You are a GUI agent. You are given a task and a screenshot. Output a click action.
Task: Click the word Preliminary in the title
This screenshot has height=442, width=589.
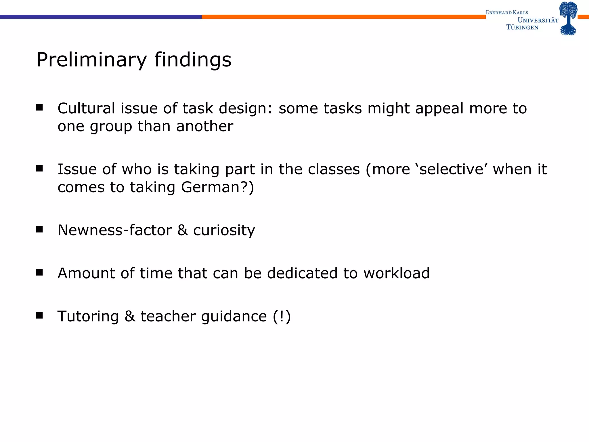coord(91,60)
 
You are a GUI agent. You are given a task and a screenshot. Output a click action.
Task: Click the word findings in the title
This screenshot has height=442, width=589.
coord(193,60)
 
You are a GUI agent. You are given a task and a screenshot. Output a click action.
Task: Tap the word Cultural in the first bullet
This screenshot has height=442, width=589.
coord(86,109)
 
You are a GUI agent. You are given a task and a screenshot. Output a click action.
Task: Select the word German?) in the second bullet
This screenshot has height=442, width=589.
coord(217,188)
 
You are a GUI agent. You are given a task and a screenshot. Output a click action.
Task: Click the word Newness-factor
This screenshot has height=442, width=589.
coord(114,230)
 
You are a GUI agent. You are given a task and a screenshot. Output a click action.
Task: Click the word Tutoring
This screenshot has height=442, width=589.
coord(88,317)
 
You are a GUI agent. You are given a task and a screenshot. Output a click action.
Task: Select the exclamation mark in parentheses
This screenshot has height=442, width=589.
coord(282,317)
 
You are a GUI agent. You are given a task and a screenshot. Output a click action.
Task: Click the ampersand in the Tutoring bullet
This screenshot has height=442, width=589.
coord(130,316)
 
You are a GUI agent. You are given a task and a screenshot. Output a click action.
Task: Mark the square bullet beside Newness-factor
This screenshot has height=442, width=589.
coord(39,229)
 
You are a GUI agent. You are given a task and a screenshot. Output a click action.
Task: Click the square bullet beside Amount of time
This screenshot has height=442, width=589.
coord(39,272)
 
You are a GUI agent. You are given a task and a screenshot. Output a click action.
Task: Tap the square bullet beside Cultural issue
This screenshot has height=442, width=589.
coord(39,108)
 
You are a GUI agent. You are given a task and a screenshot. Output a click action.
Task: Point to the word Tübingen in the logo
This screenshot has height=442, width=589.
coord(522,27)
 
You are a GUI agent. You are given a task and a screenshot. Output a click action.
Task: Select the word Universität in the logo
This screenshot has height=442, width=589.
coord(538,20)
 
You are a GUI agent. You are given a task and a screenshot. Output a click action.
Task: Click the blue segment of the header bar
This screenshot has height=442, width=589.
coord(101,17)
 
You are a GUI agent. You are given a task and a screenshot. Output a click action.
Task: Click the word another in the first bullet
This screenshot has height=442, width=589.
coord(204,127)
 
